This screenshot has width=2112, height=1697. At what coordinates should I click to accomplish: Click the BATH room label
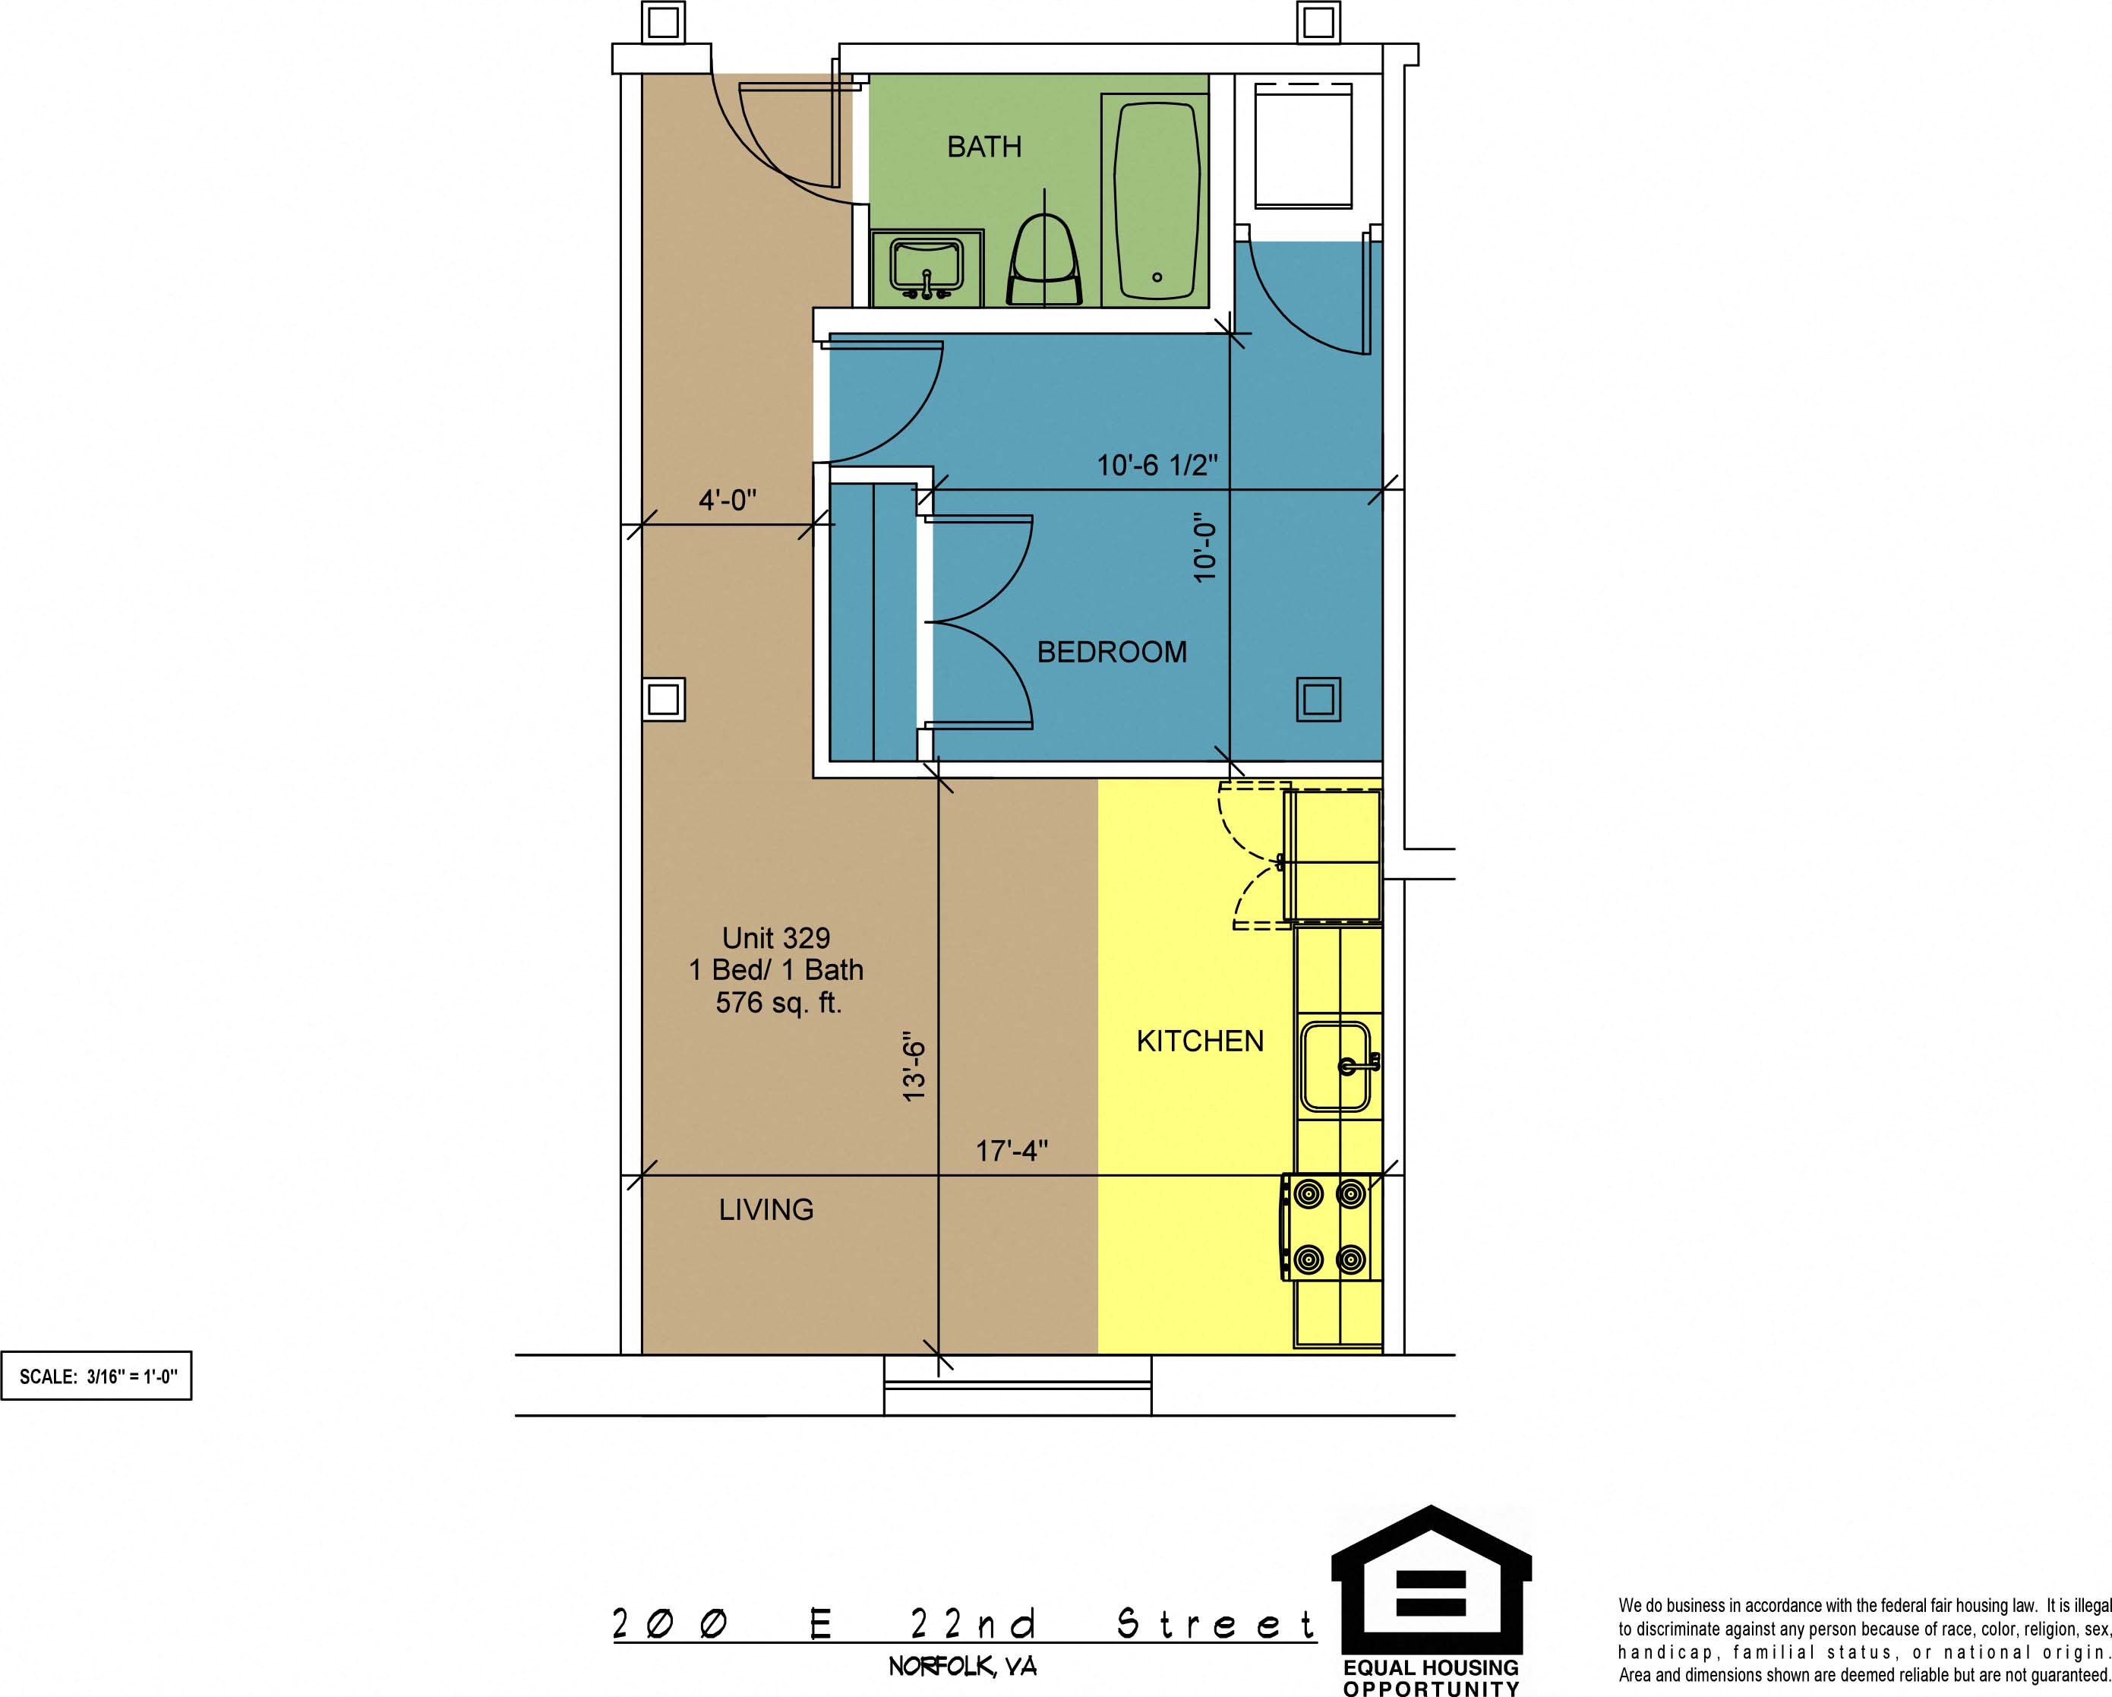[983, 147]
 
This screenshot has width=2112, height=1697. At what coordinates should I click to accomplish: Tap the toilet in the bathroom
[1045, 260]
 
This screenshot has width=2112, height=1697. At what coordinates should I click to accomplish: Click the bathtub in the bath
[1156, 199]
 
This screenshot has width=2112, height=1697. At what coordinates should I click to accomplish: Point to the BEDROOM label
[1112, 652]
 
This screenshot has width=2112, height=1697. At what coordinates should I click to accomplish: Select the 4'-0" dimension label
[728, 501]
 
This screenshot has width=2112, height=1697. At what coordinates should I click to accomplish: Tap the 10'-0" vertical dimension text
[1205, 551]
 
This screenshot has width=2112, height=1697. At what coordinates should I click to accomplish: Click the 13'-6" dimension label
[913, 1066]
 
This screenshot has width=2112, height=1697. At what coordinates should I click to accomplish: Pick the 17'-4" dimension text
[1012, 1150]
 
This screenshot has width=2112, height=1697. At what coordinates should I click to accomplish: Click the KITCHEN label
[1200, 1041]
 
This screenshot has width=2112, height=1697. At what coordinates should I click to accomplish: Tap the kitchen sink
[1337, 1066]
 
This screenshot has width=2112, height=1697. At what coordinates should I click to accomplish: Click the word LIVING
[766, 1210]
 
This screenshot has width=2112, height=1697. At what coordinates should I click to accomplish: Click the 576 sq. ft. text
[778, 1003]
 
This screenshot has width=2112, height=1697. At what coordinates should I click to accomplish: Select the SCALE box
[96, 1376]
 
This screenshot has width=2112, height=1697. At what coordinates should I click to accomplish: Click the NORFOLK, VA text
[962, 1666]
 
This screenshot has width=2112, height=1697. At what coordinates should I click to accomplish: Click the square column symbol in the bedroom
[1318, 700]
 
